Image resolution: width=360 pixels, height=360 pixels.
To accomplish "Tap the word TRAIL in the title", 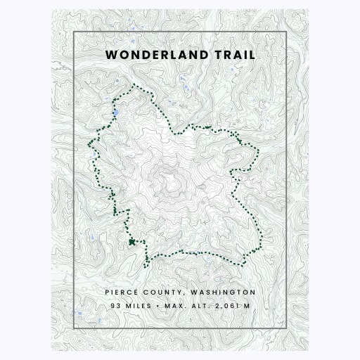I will pos(236,54).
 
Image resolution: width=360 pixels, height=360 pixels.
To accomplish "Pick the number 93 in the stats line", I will pos(115,306).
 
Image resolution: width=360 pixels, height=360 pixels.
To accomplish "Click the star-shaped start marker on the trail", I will pos(131,242).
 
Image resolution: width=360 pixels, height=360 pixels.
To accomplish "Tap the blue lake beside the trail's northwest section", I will pos(115,112).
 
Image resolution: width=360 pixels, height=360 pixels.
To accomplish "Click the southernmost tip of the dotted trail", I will pos(146,266).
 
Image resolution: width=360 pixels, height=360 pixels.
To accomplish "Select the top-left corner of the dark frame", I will pos(74,32).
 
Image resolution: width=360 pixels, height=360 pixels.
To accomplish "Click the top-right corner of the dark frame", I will pos(285,32).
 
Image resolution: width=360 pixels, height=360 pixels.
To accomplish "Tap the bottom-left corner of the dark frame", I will pos(74,327).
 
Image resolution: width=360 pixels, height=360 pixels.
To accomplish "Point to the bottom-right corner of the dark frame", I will pos(285,327).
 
